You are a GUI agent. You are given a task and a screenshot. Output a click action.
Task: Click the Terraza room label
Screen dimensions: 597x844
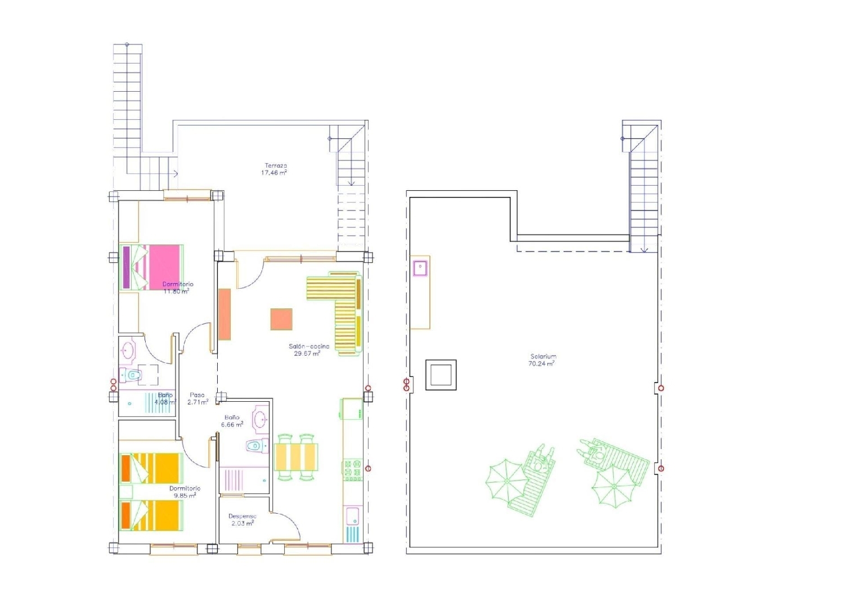point(276,165)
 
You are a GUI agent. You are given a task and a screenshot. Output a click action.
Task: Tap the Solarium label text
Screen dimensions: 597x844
point(543,356)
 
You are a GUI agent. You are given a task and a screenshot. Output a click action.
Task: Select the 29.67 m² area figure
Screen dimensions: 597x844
point(307,353)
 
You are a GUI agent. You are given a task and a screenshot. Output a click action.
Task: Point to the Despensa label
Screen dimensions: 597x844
point(243,516)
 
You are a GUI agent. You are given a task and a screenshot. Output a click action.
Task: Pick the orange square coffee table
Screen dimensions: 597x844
point(281,319)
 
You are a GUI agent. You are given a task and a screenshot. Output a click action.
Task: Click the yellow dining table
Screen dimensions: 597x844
point(296,457)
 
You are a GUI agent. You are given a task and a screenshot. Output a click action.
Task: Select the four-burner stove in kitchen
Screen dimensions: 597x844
point(352,470)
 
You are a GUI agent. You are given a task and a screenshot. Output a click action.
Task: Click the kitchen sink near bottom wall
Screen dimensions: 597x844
point(353,517)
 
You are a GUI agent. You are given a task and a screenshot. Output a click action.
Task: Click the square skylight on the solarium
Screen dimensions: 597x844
point(441,375)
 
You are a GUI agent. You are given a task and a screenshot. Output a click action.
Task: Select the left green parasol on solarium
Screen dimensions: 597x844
point(506,481)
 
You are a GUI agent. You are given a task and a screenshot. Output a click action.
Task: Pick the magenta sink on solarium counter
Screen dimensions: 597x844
point(420,268)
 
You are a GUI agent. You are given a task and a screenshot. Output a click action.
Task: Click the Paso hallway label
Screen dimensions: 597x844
point(197,395)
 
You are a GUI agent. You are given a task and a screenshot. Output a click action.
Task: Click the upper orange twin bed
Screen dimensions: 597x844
point(151,468)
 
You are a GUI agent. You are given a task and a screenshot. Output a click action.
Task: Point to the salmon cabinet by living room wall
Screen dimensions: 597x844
point(225,314)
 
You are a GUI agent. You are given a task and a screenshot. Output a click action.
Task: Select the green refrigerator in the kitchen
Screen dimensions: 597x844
point(351,409)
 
